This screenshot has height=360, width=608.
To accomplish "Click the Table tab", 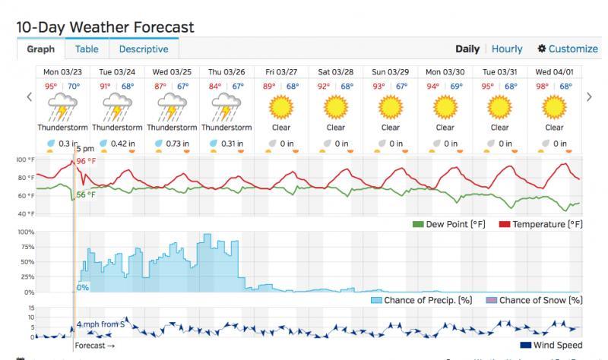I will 87,49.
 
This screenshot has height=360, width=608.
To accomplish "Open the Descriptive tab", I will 144,49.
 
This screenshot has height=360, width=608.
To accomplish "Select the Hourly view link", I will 507,49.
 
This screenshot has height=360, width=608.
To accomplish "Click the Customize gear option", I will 567,49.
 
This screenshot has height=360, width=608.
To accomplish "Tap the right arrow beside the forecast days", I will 589,96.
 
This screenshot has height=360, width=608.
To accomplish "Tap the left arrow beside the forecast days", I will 30,96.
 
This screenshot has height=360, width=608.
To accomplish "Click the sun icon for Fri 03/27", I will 281,107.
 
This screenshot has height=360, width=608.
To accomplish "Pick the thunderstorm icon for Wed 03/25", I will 172,107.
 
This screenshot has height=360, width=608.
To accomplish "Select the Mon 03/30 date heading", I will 445,71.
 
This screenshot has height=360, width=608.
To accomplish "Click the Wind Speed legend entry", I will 553,346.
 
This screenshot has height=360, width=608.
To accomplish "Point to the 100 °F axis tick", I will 25,160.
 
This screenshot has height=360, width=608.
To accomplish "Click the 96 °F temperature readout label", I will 86,162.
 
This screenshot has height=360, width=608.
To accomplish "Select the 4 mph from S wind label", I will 101,325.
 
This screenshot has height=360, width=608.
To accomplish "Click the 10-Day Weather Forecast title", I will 105,27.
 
